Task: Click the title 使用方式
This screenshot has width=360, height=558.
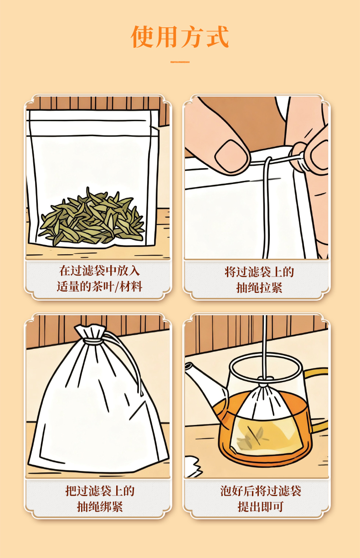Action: [180, 36]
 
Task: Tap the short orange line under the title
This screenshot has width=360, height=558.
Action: [180, 62]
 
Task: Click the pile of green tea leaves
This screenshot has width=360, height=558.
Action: [92, 217]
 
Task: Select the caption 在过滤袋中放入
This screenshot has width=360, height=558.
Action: [99, 271]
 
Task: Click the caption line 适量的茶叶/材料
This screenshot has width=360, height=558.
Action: [99, 287]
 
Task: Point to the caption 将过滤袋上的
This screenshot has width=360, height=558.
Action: [259, 272]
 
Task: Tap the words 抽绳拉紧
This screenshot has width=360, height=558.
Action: [259, 288]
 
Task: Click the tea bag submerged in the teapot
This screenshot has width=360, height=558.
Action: [266, 421]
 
